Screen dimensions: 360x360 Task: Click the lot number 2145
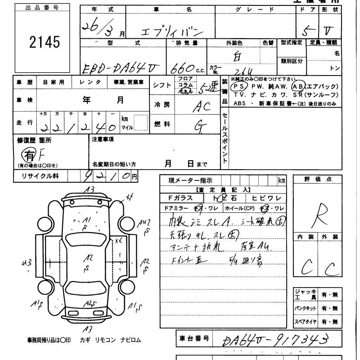click(x=44, y=42)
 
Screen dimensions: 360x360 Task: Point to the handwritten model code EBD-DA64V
click(x=121, y=68)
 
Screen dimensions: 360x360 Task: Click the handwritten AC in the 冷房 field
click(x=202, y=107)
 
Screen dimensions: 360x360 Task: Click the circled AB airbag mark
click(x=298, y=86)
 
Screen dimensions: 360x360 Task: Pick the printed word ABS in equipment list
click(x=240, y=103)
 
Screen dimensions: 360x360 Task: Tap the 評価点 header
click(x=324, y=180)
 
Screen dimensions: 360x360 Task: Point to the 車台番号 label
click(x=194, y=337)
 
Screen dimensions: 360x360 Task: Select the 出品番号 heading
click(x=42, y=8)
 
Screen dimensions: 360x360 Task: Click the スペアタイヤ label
click(x=306, y=322)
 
